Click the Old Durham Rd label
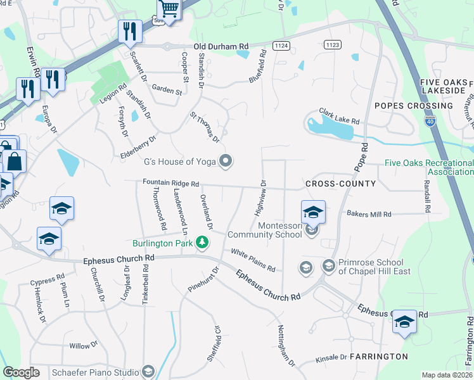tap(221, 47)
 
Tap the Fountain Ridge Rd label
tap(171, 183)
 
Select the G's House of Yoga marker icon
tap(226, 161)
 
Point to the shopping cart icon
tap(169, 8)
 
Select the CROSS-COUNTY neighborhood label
tap(340, 184)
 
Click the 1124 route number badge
tap(282, 46)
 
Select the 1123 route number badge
tap(332, 44)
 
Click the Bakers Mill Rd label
tap(369, 215)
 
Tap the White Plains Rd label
tap(253, 260)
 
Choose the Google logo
tap(22, 372)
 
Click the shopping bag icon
tap(14, 162)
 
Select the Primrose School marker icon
tap(329, 265)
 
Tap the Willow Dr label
tap(83, 346)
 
